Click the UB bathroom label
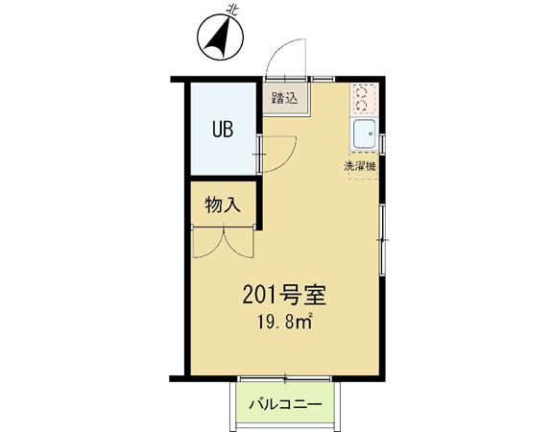pos(223,130)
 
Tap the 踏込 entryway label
pos(285,98)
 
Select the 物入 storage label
pos(223,204)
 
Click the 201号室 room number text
pos(284,295)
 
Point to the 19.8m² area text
pos(285,321)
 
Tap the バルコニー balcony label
pos(285,404)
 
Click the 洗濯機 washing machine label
pos(360,166)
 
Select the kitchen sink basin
pos(365,133)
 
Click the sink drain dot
pos(371,133)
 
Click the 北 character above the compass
pos(231,10)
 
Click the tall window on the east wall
pos(383,239)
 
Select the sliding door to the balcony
pos(284,379)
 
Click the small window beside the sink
pos(383,142)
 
